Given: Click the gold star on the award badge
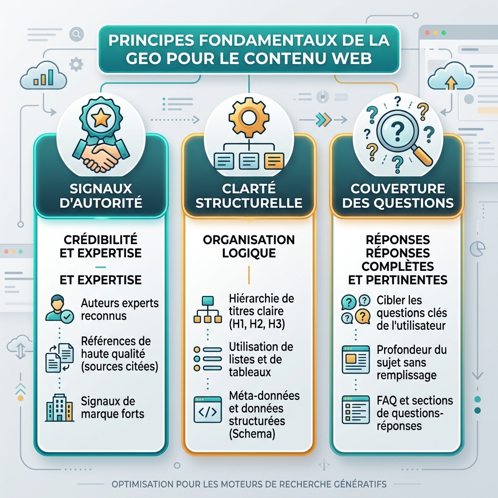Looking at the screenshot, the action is pos(101,117).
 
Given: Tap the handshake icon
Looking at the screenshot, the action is pos(101,156).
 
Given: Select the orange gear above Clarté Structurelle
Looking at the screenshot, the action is pos(249,118).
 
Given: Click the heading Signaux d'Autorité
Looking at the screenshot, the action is pos(101,196).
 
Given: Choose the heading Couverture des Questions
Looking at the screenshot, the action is pos(398,196).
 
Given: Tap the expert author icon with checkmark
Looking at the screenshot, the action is pos(59,309).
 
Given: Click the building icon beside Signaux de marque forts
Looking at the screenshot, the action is pos(60,408).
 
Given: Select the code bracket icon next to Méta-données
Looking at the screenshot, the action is pos(208,409).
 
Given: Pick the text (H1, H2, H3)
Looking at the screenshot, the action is pos(257,324).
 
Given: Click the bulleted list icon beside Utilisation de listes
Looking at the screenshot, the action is pos(208,359).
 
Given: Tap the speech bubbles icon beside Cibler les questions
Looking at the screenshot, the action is pos(356,309).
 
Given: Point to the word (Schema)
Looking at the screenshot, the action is pos(252,434).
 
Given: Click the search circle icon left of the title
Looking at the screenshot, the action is pos(76,34).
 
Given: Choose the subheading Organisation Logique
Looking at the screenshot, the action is pos(249,247).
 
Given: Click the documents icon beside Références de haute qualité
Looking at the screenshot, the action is pos(60,358).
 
